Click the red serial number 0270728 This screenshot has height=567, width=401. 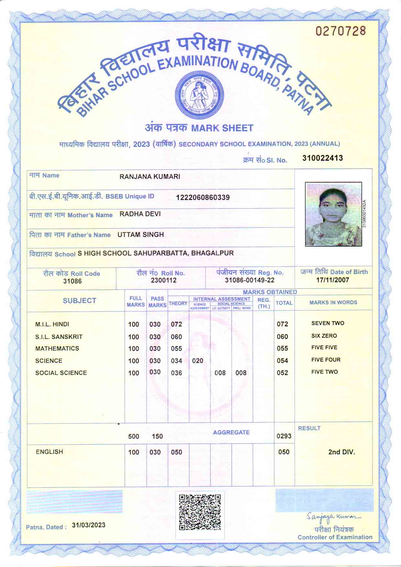coord(341,31)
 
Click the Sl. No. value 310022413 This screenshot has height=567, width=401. coord(322,158)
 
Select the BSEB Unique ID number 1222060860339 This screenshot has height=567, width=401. coord(203,197)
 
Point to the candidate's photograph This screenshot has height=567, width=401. coord(333,214)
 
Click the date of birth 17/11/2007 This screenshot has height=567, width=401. coord(332,280)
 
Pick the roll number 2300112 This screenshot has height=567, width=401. coord(164,280)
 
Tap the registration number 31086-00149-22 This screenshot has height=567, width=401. coord(249,280)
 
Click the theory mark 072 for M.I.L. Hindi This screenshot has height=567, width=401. coord(177,324)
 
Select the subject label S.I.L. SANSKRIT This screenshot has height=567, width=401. coord(59,337)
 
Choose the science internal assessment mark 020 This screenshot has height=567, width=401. coord(198,361)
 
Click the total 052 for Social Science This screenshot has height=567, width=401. coord(282,373)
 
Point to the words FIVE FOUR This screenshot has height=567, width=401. coord(326,360)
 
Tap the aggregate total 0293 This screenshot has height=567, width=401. coord(284,436)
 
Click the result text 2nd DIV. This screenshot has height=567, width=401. coord(341,452)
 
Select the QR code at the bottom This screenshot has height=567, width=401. coord(200,512)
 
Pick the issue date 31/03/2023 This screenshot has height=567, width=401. coord(89,525)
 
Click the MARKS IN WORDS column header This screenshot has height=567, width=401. coord(333,302)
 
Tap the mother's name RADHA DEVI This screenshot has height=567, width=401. coord(140,214)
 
